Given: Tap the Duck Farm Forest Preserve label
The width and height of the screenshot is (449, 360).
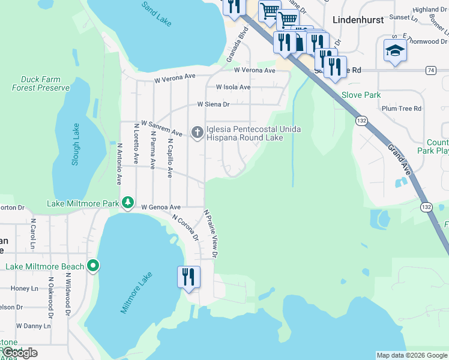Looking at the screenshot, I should [41, 83].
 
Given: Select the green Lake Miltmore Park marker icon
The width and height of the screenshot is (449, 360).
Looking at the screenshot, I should [127, 203].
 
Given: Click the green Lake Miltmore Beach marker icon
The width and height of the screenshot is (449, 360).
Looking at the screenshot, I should [93, 265].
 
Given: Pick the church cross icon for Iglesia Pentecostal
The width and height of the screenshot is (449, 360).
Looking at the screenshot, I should [197, 133].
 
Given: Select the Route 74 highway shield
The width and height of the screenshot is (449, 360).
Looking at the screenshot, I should [430, 70].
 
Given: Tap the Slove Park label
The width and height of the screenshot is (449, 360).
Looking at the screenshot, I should [361, 95].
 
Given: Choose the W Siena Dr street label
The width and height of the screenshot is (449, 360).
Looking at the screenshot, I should [214, 104].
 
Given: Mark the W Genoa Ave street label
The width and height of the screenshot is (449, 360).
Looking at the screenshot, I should [160, 207].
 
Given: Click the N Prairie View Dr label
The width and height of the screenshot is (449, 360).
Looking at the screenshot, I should [210, 234].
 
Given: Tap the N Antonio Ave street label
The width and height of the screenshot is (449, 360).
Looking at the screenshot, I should [119, 163].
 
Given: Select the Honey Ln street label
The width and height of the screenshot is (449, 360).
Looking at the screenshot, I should [24, 289].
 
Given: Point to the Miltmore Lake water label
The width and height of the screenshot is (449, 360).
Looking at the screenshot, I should [136, 292].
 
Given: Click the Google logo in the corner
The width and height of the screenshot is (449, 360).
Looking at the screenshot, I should [19, 353].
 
